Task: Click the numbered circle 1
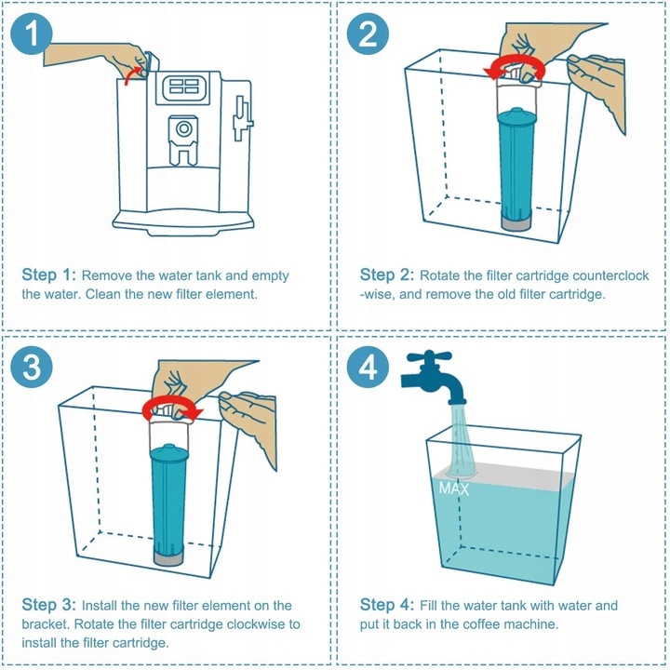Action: (x=32, y=33)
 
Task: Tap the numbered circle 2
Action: (x=368, y=33)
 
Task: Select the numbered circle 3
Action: (x=32, y=367)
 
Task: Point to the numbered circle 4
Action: (x=368, y=367)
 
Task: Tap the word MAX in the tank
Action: (x=454, y=489)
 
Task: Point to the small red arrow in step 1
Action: (x=132, y=75)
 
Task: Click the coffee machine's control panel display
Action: (x=183, y=87)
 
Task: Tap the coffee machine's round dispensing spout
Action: (x=183, y=128)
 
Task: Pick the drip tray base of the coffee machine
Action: (x=183, y=222)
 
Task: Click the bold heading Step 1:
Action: (x=48, y=275)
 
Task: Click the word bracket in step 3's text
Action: (x=46, y=623)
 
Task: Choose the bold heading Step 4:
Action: (x=387, y=605)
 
